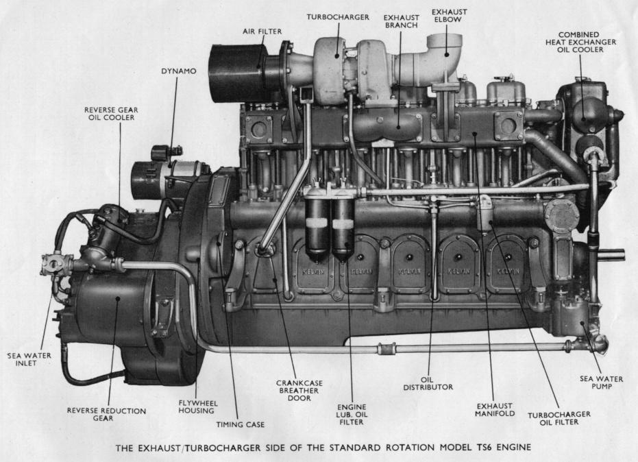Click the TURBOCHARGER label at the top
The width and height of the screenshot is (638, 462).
click(338, 17)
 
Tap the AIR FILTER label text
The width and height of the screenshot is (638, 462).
click(262, 32)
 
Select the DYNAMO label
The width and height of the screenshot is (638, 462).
click(179, 71)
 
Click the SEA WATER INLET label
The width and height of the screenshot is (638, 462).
click(29, 359)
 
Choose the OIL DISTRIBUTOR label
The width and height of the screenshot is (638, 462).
click(428, 383)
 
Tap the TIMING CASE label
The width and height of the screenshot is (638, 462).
click(240, 424)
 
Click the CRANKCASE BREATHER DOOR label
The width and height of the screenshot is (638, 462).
click(299, 390)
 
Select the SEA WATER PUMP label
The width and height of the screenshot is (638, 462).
click(601, 382)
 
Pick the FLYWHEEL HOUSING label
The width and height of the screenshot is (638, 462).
click(198, 407)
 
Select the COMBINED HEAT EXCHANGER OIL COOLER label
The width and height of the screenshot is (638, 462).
click(580, 42)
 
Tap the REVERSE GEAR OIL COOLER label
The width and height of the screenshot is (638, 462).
click(111, 114)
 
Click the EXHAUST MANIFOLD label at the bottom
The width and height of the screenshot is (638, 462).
click(495, 409)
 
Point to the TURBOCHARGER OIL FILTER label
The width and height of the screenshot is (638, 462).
click(559, 418)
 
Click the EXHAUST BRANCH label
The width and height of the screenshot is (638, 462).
click(401, 21)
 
